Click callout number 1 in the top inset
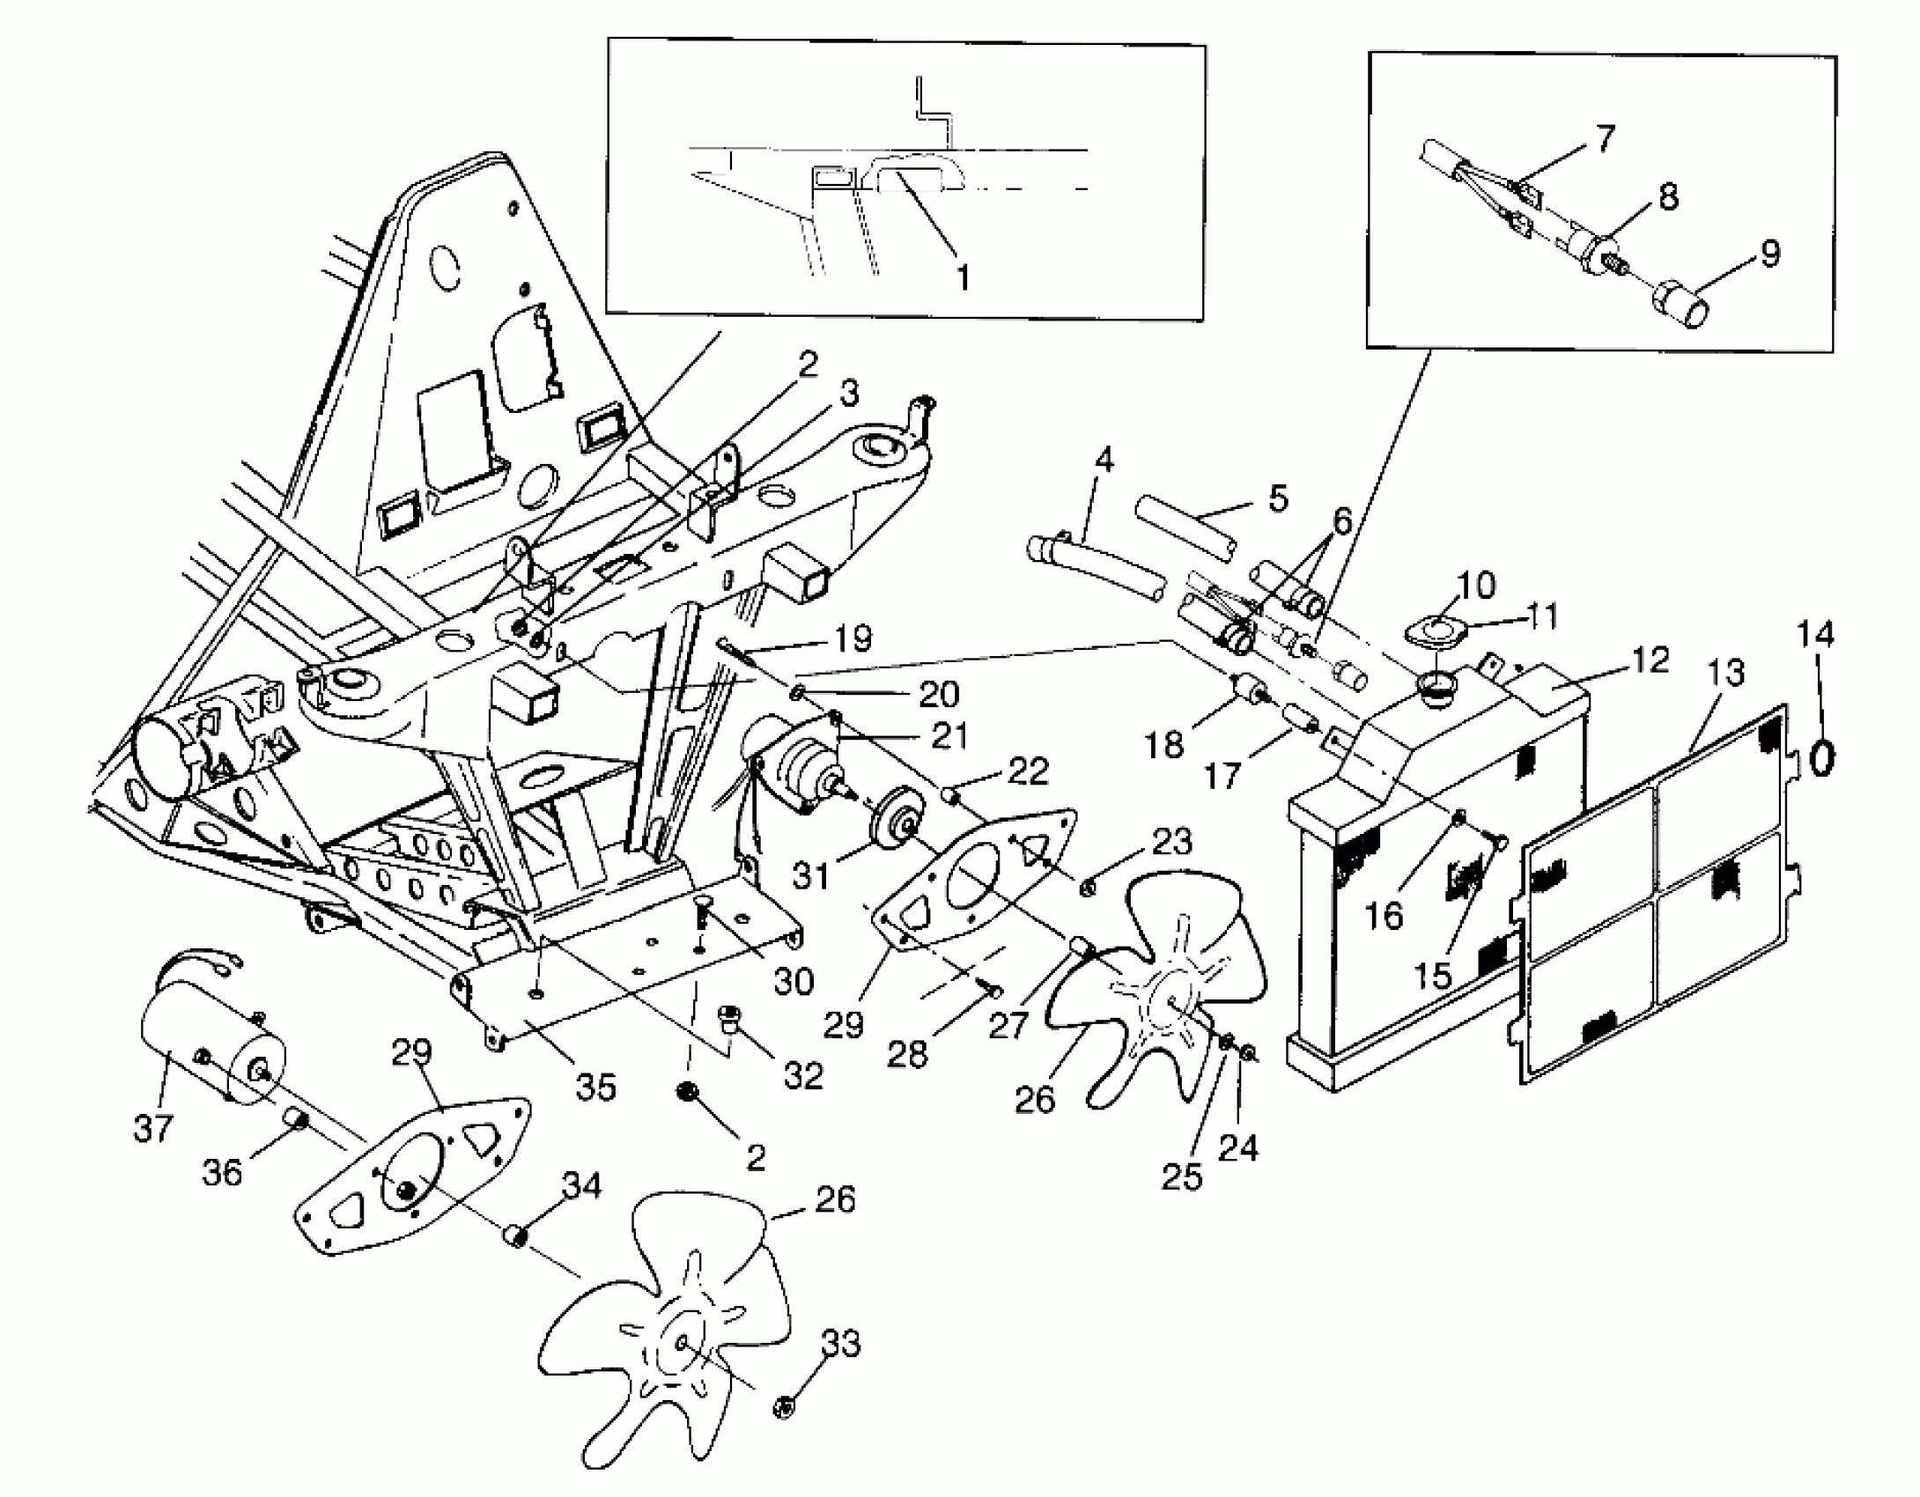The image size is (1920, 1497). click(963, 277)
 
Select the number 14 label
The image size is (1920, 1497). click(1815, 635)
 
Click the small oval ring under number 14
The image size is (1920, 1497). click(1821, 756)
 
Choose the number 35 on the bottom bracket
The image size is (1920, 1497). click(595, 1088)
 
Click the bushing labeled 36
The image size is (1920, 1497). click(297, 1121)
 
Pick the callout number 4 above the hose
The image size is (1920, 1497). click(1104, 460)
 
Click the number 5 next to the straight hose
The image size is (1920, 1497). click(1278, 498)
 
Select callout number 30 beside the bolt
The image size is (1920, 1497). click(793, 981)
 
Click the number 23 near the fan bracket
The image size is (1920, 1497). click(1170, 842)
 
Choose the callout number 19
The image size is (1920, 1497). click(852, 638)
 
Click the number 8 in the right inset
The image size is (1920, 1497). click(1667, 197)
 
